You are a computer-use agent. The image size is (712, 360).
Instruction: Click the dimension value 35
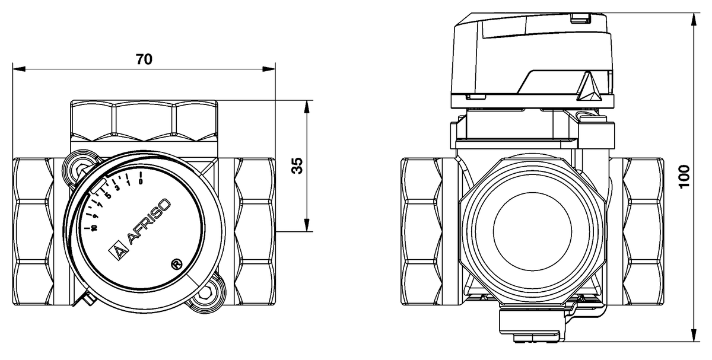[x=298, y=166]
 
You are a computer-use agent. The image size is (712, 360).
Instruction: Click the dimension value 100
[x=685, y=177]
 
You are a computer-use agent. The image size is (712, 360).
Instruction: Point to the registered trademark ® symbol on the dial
[x=176, y=263]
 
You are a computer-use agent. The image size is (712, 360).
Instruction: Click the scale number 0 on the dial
[x=140, y=181]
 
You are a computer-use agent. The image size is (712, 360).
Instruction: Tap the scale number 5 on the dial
[x=108, y=196]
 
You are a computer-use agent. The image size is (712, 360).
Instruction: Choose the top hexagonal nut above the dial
[x=144, y=120]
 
